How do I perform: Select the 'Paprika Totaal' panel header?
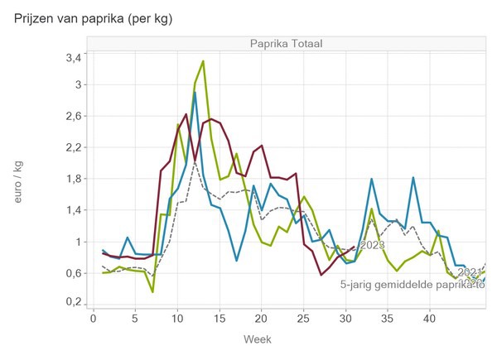pos(286,43)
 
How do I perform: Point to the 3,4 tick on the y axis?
pos(72,57)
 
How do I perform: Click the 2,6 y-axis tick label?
pos(72,117)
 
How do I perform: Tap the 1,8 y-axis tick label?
pos(72,179)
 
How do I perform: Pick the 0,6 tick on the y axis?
pos(72,273)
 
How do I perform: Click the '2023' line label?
pos(372,245)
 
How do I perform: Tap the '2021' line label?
pos(469,272)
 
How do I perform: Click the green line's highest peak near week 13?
pos(203,61)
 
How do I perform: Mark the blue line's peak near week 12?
pos(195,93)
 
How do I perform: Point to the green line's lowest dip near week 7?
pos(152,292)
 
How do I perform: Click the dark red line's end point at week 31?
pos(354,246)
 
